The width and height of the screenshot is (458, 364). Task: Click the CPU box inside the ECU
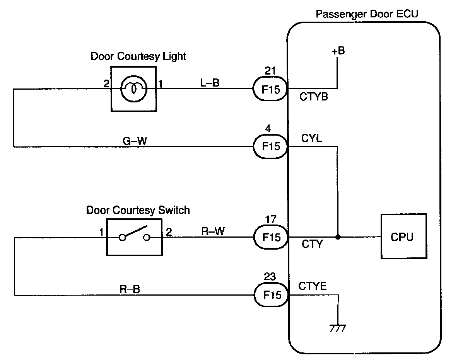(x=404, y=236)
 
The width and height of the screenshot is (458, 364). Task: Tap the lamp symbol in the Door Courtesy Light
(x=134, y=88)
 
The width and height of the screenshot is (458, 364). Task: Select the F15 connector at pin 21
(x=270, y=88)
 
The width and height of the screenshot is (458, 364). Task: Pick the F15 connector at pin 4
(x=270, y=146)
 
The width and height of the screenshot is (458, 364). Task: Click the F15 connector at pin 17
(x=271, y=237)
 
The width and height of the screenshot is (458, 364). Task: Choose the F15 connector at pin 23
(x=271, y=294)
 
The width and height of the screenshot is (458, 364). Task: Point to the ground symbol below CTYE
(x=338, y=328)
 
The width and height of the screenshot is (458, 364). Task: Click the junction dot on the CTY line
(x=338, y=237)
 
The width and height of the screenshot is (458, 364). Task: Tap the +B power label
(x=338, y=51)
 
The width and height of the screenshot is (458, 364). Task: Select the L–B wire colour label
(x=210, y=83)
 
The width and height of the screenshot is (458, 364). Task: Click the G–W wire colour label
(x=135, y=141)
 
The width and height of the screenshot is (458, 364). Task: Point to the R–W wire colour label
(x=213, y=231)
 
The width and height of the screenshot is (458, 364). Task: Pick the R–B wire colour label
(x=130, y=289)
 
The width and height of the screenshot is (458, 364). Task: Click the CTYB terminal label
(x=314, y=97)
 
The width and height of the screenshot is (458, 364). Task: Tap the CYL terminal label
(x=312, y=138)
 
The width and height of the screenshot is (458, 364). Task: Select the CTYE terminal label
(x=312, y=286)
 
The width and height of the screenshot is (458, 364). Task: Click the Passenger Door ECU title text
(x=367, y=14)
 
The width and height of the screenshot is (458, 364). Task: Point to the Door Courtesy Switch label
(x=138, y=210)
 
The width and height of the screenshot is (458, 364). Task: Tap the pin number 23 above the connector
(x=270, y=276)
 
